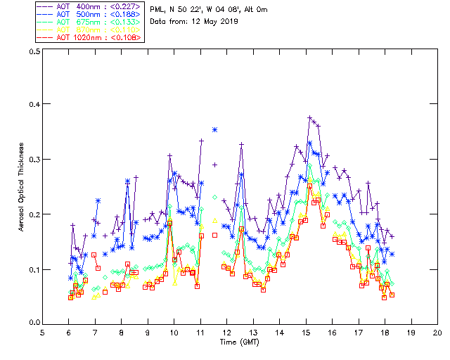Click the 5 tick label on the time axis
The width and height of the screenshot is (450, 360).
tap(42, 333)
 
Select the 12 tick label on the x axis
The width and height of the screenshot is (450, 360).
tap(227, 333)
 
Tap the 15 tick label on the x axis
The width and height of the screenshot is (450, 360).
tap(306, 333)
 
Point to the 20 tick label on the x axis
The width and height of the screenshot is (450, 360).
tap(438, 333)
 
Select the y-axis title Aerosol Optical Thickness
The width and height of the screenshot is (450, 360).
tap(22, 186)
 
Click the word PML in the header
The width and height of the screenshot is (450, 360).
tap(157, 10)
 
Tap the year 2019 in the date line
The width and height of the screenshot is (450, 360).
tap(229, 21)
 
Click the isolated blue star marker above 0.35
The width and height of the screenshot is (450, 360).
tap(214, 130)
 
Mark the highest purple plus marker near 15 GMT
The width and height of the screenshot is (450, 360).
tap(310, 118)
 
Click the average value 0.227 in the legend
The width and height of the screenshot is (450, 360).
tap(127, 6)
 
